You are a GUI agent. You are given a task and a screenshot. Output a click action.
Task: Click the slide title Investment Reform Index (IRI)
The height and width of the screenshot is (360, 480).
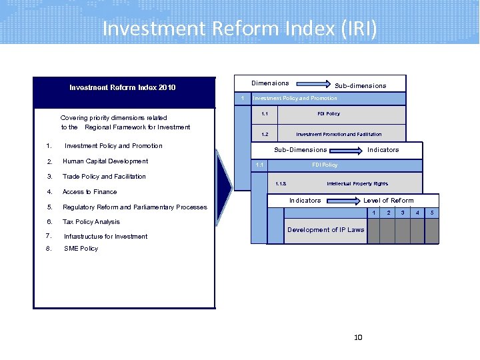pyautogui.click(x=239, y=29)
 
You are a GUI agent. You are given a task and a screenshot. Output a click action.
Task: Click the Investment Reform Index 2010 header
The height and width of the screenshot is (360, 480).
pyautogui.click(x=123, y=87)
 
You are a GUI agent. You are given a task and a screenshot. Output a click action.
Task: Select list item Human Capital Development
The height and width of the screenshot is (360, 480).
pyautogui.click(x=105, y=161)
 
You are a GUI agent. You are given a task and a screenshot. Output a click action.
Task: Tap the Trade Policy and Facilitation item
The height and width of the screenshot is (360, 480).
pyautogui.click(x=104, y=177)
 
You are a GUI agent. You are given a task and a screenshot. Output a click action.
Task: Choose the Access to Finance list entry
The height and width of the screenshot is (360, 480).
pyautogui.click(x=89, y=192)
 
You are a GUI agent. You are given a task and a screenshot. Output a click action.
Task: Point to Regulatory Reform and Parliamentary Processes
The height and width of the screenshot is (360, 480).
pyautogui.click(x=135, y=207)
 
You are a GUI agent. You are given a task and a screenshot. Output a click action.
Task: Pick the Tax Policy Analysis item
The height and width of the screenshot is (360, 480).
pyautogui.click(x=91, y=222)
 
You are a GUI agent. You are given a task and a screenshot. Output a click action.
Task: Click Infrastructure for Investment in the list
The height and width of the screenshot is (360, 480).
pyautogui.click(x=105, y=237)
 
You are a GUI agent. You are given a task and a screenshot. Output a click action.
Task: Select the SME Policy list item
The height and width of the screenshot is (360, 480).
pyautogui.click(x=81, y=249)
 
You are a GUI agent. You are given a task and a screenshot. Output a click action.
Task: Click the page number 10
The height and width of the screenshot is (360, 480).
pyautogui.click(x=358, y=337)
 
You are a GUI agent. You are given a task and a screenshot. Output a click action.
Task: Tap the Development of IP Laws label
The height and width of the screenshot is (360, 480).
pyautogui.click(x=325, y=230)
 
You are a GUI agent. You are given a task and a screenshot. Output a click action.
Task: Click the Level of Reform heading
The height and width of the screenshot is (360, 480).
pyautogui.click(x=388, y=201)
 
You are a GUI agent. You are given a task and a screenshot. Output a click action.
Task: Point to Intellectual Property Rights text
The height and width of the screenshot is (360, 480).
pyautogui.click(x=357, y=183)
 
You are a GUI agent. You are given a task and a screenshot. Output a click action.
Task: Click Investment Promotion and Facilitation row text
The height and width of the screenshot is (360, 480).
pyautogui.click(x=339, y=134)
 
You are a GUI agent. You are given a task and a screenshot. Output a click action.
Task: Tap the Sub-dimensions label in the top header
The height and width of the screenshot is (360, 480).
pyautogui.click(x=360, y=86)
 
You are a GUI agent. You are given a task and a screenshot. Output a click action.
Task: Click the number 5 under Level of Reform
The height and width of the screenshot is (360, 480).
pyautogui.click(x=432, y=213)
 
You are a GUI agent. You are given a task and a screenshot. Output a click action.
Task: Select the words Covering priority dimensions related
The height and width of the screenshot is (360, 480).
pyautogui.click(x=114, y=118)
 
